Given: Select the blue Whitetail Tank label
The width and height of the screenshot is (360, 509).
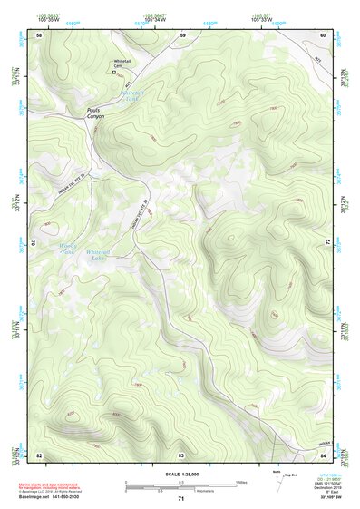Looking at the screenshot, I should [133, 94].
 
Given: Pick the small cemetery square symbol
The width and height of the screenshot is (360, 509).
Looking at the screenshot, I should [113, 78].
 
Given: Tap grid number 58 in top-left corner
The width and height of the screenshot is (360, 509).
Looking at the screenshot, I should [39, 34].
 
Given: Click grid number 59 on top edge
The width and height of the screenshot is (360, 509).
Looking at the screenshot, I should [182, 34].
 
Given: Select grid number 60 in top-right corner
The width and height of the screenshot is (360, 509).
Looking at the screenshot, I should [323, 34].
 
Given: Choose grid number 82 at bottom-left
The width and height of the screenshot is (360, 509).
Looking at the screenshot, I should [39, 454].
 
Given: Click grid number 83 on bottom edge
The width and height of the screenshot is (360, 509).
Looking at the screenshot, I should [181, 454].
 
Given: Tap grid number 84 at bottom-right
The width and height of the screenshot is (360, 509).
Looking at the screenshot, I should [323, 454].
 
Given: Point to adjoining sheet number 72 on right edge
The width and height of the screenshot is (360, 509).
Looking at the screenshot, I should [328, 242].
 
